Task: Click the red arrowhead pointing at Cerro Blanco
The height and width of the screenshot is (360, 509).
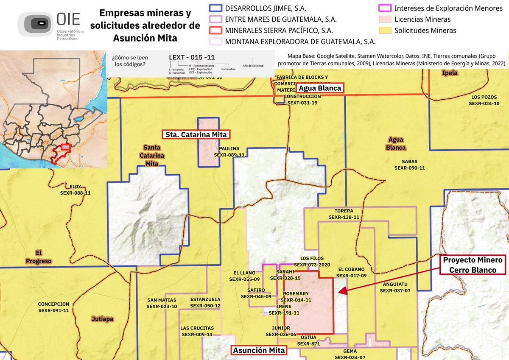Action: click(x=343, y=291)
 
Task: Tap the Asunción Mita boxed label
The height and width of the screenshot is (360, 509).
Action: click(x=259, y=351)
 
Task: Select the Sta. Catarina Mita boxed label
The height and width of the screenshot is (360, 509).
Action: click(x=196, y=135)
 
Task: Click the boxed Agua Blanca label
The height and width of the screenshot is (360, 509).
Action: click(x=319, y=88)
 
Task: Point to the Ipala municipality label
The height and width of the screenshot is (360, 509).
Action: click(x=450, y=73)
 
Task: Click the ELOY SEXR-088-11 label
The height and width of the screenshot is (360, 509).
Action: click(x=75, y=190)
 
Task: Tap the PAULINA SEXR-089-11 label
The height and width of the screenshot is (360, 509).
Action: click(x=229, y=152)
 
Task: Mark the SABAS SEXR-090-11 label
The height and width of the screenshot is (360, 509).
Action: click(x=409, y=165)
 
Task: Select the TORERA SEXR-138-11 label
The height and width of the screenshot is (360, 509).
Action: click(x=344, y=214)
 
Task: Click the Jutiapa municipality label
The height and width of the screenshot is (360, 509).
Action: click(x=102, y=318)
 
